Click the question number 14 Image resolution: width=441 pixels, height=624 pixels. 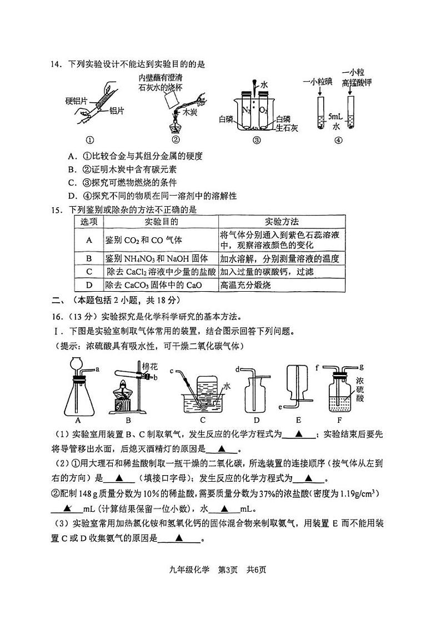point(56,64)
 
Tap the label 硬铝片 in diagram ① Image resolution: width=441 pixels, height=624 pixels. point(76,101)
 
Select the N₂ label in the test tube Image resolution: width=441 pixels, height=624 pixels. point(247,109)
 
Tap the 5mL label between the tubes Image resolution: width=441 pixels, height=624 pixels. point(334,117)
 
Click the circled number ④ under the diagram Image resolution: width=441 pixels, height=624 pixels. point(338,140)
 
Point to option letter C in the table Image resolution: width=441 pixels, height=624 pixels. point(88,272)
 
